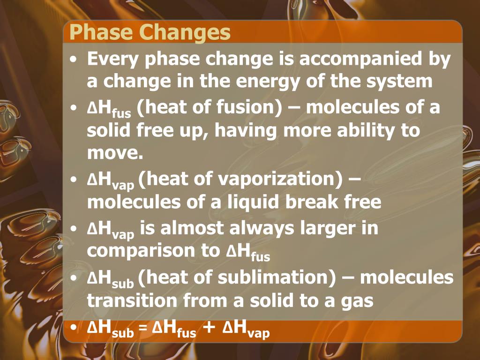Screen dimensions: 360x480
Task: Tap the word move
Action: pos(114,152)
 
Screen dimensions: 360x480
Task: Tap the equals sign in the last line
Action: pos(142,331)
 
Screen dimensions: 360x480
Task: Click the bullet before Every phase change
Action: pos(75,61)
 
